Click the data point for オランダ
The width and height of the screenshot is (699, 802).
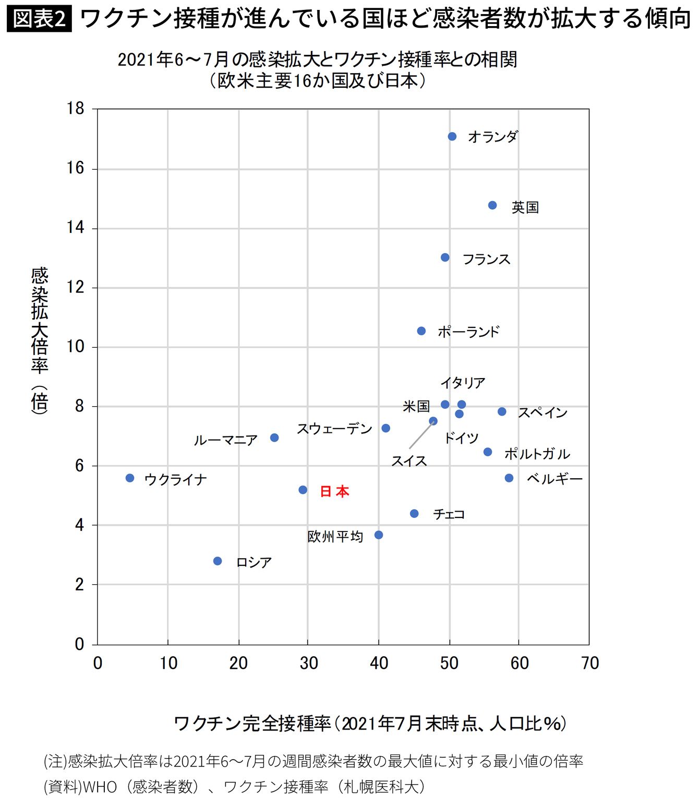click(452, 136)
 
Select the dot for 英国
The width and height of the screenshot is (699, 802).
click(492, 205)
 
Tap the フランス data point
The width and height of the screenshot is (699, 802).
click(445, 257)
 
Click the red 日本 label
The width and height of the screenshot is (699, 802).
click(334, 491)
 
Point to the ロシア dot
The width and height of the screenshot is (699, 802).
click(218, 561)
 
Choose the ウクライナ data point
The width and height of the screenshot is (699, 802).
click(129, 478)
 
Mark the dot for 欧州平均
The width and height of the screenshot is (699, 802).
click(378, 535)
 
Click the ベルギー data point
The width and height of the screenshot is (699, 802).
click(509, 478)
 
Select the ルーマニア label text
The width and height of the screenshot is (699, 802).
click(225, 440)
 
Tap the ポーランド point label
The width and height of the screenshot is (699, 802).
click(468, 332)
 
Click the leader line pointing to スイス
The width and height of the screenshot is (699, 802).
click(421, 435)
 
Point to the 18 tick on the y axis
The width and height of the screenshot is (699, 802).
click(76, 109)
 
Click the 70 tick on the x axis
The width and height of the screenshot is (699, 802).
click(590, 663)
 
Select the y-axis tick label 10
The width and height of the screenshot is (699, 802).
click(76, 347)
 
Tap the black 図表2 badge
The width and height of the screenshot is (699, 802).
click(39, 18)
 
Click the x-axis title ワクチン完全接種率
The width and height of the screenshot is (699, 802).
click(252, 724)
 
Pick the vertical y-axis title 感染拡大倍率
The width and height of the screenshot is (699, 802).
click(40, 320)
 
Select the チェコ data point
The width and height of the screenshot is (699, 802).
click(414, 513)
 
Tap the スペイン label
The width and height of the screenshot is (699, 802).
click(543, 412)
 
